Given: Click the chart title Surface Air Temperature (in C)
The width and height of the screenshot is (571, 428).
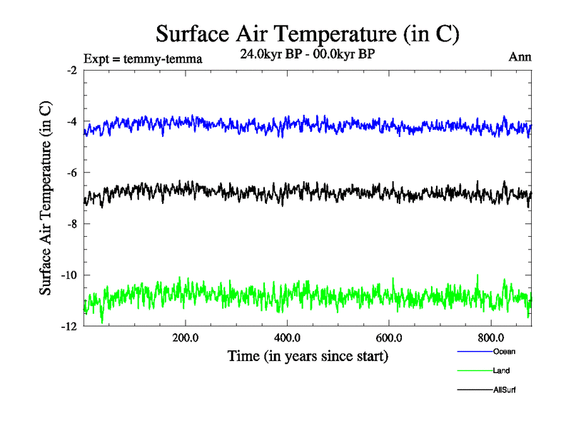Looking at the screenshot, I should (307, 34).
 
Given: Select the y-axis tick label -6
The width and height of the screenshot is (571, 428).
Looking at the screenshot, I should (71, 173).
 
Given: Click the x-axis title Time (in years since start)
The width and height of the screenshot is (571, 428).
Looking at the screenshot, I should (309, 355).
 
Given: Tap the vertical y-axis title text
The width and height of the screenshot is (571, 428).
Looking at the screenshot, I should (45, 198).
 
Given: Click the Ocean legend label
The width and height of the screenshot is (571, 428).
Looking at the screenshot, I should (504, 352).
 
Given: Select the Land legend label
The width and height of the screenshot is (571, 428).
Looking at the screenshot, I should (501, 371).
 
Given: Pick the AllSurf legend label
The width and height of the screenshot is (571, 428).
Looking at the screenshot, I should (504, 390).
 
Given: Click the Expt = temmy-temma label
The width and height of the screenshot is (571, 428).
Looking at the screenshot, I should (143, 58).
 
